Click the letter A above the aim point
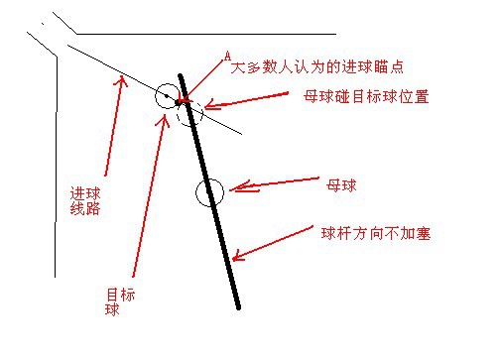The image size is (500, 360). tap(227, 57)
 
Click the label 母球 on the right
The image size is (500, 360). tap(341, 184)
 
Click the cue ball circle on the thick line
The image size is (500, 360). tap(209, 192)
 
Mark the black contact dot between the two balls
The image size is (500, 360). tap(178, 102)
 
